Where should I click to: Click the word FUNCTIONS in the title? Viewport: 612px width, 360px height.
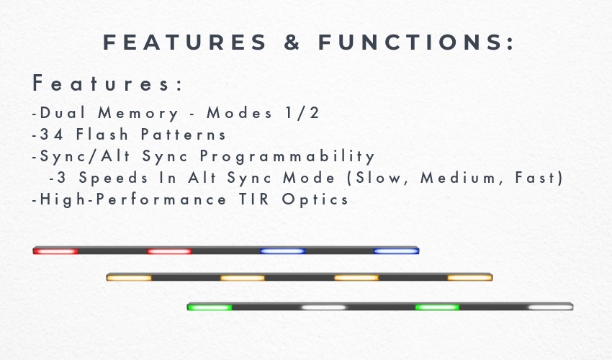(x=416, y=42)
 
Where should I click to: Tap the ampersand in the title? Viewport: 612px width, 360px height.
(x=292, y=42)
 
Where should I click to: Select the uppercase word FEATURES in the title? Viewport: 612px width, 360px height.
(x=184, y=42)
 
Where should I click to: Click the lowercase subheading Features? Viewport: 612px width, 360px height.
(x=107, y=83)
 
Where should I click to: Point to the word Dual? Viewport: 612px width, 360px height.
(x=63, y=112)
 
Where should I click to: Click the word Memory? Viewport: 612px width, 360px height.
(x=138, y=113)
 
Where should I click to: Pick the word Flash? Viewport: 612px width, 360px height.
(x=102, y=134)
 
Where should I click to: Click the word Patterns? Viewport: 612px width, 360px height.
(x=184, y=135)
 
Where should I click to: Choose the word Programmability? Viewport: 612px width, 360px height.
(x=287, y=156)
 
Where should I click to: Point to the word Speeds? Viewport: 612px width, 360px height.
(x=114, y=178)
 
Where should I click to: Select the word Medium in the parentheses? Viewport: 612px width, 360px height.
(x=458, y=178)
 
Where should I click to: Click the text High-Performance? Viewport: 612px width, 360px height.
(x=133, y=199)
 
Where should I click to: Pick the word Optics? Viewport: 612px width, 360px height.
(x=315, y=199)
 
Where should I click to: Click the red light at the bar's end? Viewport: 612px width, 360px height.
(x=55, y=251)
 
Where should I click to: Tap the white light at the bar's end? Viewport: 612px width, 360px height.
(x=551, y=307)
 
